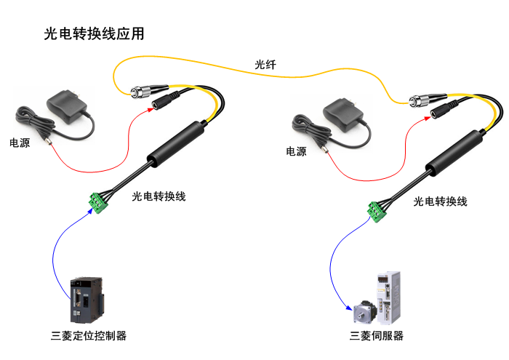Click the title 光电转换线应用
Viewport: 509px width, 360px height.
point(94,33)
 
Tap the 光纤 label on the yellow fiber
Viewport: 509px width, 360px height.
point(265,65)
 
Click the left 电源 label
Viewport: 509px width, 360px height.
point(20,143)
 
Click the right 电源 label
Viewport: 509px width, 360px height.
point(296,151)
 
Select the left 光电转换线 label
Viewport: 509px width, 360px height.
point(159,196)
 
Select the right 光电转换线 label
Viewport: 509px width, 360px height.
point(440,201)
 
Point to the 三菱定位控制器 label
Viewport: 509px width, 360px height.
point(89,336)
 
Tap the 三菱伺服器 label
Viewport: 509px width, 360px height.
point(377,336)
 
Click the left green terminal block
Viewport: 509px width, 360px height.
point(98,203)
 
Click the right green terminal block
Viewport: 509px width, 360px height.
point(377,212)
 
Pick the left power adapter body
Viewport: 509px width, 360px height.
point(67,106)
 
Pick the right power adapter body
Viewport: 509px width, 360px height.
point(343,115)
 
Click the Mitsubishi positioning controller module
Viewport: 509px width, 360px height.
point(87,300)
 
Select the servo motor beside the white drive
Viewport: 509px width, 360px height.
point(364,312)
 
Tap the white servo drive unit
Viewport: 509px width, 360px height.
point(388,297)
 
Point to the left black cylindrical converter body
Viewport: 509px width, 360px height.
point(176,143)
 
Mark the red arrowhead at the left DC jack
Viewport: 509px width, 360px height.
point(151,109)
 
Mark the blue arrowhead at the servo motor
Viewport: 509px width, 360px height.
point(349,308)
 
